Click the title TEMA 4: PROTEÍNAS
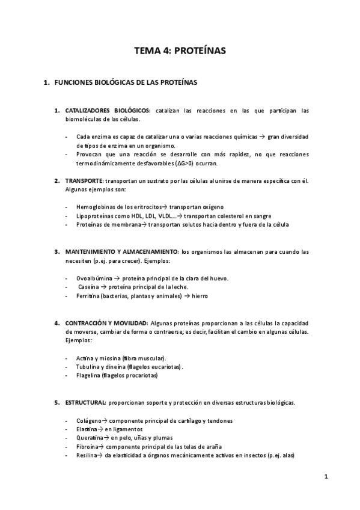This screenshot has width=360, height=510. (x=180, y=51)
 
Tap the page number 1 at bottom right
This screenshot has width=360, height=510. (x=326, y=477)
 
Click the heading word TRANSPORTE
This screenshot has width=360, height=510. (x=84, y=180)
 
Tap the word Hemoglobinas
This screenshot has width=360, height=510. (x=97, y=207)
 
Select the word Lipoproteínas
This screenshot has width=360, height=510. (x=96, y=216)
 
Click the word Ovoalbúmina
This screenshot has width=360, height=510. (x=96, y=278)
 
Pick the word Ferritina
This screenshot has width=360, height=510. (x=88, y=296)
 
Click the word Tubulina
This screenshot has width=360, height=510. (x=89, y=366)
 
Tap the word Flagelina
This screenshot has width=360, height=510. (x=89, y=375)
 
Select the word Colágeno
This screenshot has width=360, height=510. (x=90, y=420)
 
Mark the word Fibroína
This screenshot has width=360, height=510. (x=89, y=447)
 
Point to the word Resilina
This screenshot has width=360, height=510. (x=88, y=456)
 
